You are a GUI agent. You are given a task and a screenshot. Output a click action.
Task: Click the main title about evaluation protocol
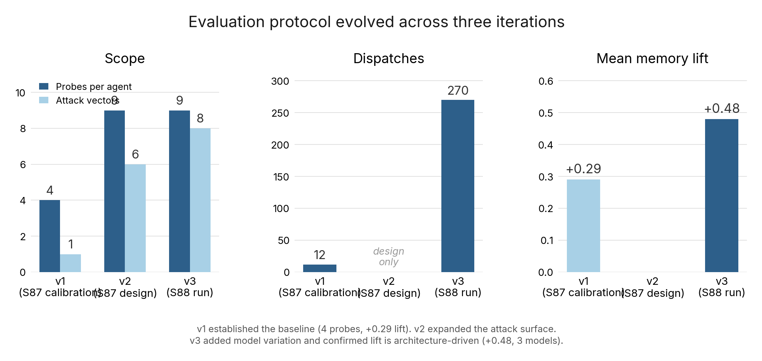[x=376, y=22]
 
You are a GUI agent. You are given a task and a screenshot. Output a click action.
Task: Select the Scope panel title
[x=124, y=58]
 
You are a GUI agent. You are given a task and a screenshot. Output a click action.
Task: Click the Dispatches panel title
[x=389, y=58]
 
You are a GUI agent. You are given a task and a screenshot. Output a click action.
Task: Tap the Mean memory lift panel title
[x=652, y=58]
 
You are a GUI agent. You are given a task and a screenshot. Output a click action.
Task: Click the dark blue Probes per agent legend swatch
[x=44, y=86]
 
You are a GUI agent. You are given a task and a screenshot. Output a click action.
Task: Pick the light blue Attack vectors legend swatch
[x=44, y=100]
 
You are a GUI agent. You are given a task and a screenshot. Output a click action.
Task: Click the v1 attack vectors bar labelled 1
[x=70, y=263]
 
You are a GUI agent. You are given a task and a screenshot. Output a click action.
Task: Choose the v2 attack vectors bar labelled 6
[x=135, y=218]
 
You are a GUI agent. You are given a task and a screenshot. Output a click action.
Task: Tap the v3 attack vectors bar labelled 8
[x=200, y=200]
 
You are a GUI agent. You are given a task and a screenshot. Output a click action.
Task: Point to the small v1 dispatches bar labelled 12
[x=320, y=268]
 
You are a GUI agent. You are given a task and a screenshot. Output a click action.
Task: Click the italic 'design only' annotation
[x=389, y=256]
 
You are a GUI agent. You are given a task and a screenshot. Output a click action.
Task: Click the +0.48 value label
[x=722, y=108]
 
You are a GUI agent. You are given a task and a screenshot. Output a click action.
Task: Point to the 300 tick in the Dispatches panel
[x=280, y=81]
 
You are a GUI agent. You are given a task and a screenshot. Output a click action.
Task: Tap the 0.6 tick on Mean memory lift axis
[x=546, y=81]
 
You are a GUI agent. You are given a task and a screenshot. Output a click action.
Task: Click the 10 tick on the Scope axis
[x=20, y=93]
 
